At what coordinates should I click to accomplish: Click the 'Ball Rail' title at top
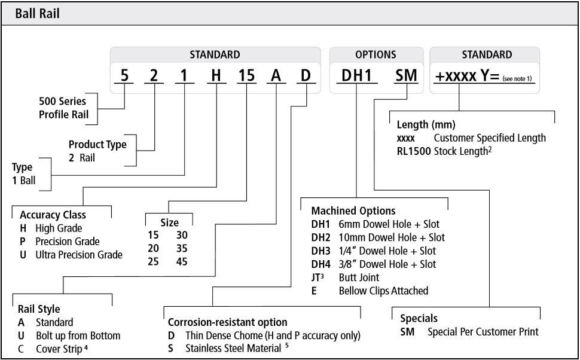tap(38, 13)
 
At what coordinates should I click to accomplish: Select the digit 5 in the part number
tap(124, 76)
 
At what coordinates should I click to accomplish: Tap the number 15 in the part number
tap(246, 76)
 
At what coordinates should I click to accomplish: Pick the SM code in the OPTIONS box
tap(406, 76)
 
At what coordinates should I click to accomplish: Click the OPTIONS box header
tap(376, 54)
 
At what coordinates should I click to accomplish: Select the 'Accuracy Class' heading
tap(53, 215)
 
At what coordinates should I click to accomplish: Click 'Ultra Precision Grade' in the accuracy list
tap(79, 255)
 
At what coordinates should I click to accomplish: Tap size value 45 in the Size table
tap(182, 261)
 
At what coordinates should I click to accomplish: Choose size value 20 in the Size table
tap(154, 248)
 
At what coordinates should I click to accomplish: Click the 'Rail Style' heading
tap(39, 309)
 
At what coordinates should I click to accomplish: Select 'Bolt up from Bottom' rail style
tap(78, 335)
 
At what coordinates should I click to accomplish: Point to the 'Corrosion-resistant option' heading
tap(227, 322)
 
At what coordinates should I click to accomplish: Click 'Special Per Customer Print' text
tap(483, 331)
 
